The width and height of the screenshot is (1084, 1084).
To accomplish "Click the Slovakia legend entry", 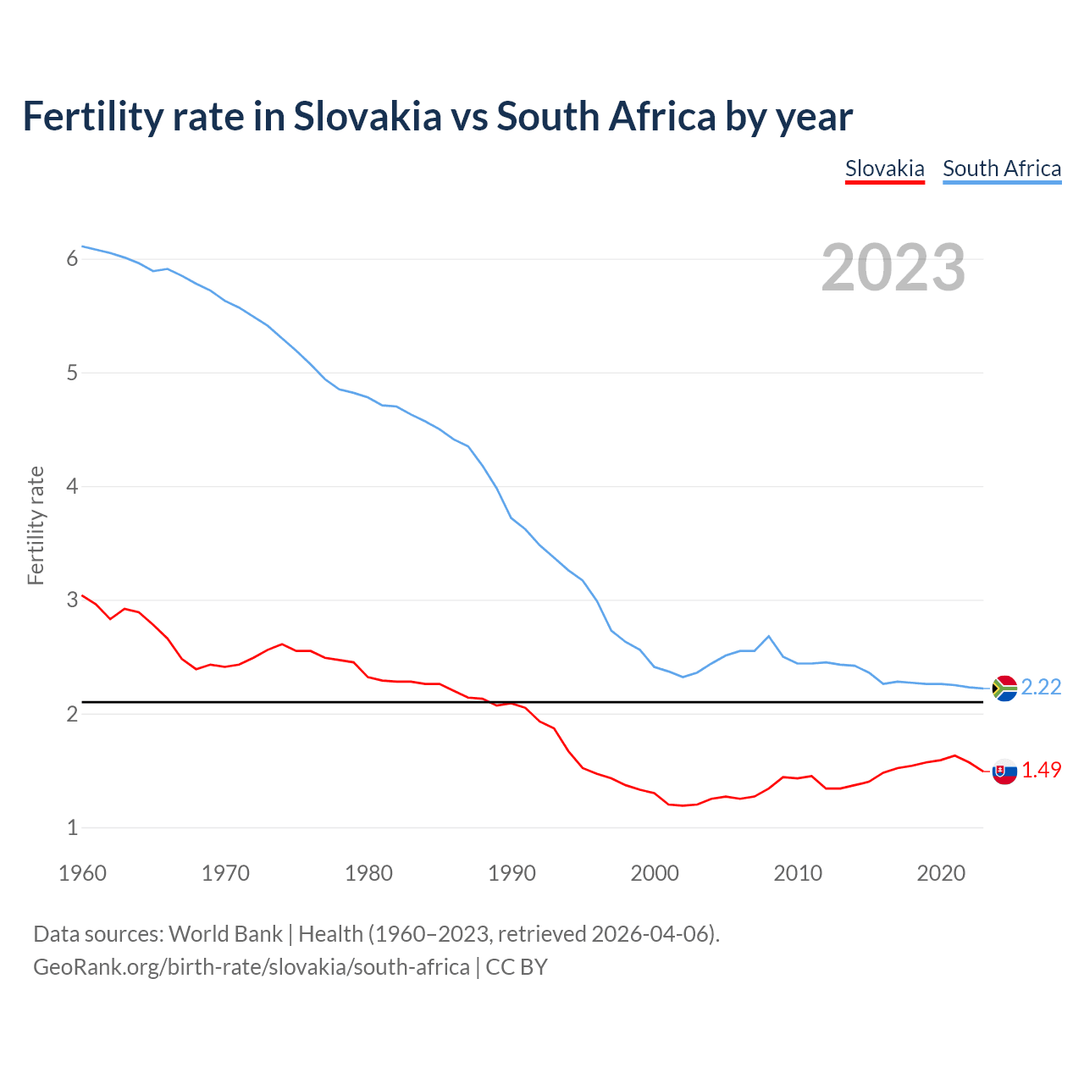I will tap(884, 169).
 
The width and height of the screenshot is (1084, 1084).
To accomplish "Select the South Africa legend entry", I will tap(1002, 169).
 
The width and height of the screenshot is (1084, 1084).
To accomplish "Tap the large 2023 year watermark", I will tap(893, 268).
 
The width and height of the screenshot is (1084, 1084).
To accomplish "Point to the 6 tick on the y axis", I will tap(72, 259).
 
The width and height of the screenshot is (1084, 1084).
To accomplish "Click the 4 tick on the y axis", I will tap(72, 487).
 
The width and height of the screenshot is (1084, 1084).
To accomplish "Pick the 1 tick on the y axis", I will tap(72, 828).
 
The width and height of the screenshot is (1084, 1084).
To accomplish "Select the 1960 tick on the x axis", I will tap(82, 873).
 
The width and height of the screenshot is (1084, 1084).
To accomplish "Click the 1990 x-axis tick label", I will tap(512, 873).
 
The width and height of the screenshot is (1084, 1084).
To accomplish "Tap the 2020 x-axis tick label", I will tap(941, 873).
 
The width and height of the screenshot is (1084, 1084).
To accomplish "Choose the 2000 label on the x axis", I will tap(655, 873).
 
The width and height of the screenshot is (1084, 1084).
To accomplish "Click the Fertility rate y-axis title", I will tap(36, 525).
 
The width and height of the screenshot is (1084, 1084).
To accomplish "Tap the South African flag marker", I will tap(1004, 689).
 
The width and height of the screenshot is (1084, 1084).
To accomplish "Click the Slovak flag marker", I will tap(1004, 772).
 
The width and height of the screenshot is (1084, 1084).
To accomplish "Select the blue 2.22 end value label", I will tap(1041, 687).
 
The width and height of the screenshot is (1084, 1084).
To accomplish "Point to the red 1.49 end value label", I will tap(1041, 770).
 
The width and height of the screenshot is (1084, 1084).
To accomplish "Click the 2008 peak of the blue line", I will tap(768, 636).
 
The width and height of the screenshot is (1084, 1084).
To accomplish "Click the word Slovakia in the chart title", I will tap(368, 117).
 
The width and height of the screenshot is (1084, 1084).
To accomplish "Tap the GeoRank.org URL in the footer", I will tap(251, 967).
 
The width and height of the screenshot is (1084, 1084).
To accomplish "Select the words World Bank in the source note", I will tap(225, 934).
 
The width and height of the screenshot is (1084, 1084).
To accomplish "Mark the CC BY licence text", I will tap(517, 967).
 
